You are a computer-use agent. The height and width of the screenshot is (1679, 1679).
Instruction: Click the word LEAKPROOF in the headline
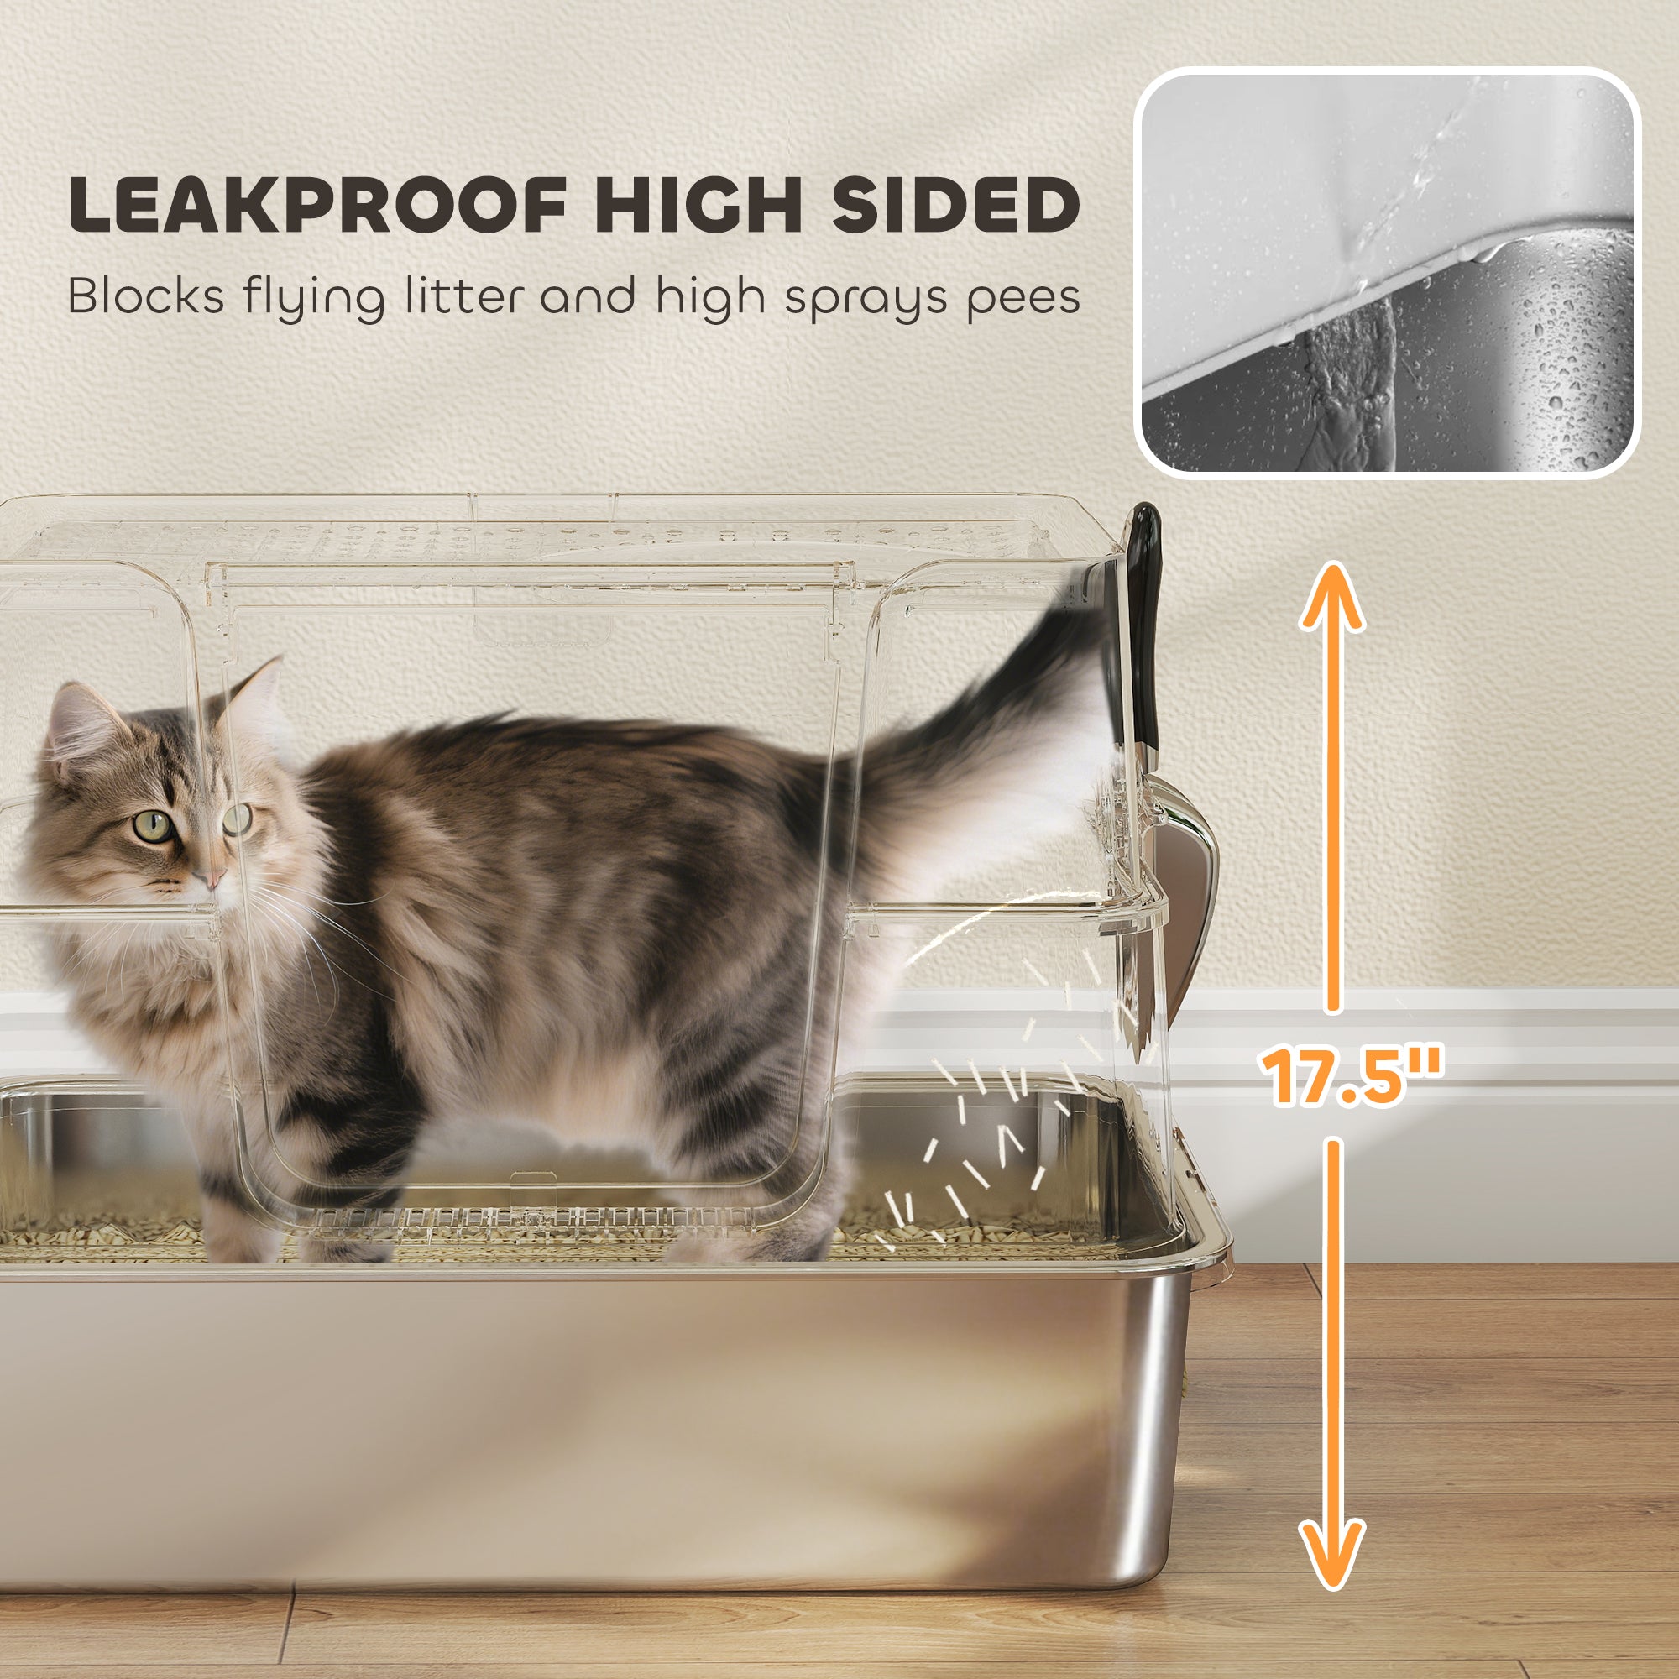(317, 205)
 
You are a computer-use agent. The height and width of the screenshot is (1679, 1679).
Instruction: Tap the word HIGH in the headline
(696, 205)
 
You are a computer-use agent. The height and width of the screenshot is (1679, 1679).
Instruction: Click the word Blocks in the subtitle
(145, 297)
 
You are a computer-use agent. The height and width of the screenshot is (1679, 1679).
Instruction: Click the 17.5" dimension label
(1353, 1078)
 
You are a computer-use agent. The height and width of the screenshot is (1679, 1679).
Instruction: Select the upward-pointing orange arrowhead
(1331, 599)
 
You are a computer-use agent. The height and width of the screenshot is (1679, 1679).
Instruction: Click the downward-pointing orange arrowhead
(1331, 1556)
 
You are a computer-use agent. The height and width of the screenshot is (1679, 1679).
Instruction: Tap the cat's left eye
(154, 824)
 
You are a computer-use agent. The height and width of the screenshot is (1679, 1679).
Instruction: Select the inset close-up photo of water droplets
(1388, 272)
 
